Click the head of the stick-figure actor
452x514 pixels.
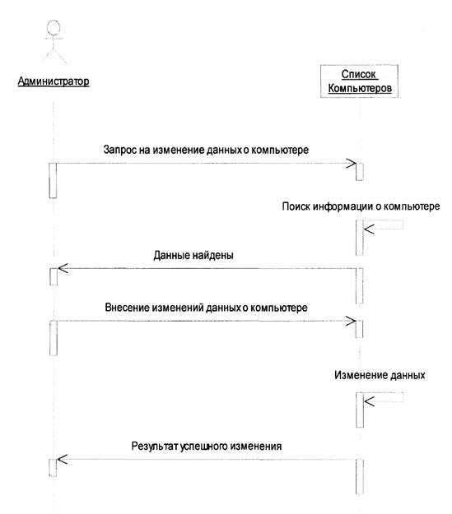(54, 27)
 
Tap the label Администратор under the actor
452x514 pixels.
(54, 81)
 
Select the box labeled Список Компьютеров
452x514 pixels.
(360, 81)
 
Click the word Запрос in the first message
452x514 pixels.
(118, 150)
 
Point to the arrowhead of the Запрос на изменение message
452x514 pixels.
(352, 164)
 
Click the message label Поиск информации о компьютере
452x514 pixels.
(361, 206)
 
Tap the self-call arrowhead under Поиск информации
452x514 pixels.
(369, 229)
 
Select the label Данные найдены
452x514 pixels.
(193, 255)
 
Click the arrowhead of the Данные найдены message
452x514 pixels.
(63, 268)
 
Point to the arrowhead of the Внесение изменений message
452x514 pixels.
(351, 322)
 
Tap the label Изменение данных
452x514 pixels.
(380, 375)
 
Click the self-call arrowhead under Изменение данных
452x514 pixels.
(369, 401)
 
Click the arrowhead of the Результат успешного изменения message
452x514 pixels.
(62, 459)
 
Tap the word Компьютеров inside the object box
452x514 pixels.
(360, 89)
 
